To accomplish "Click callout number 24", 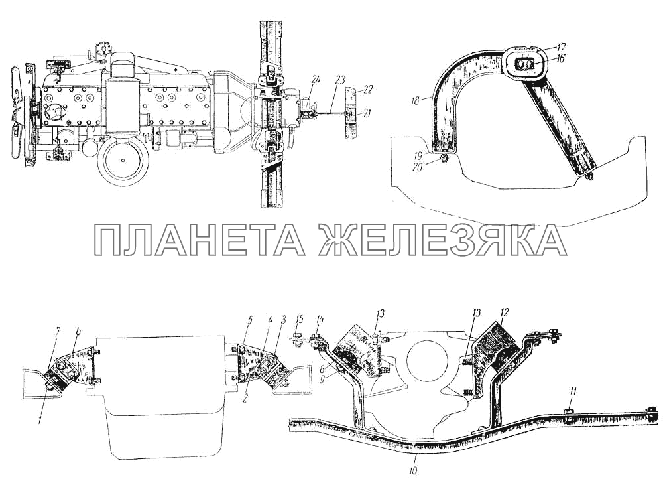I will point(316,80).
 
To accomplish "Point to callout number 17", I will point(560,47).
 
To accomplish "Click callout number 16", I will point(560,59).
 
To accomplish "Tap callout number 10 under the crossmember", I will point(414,458).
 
